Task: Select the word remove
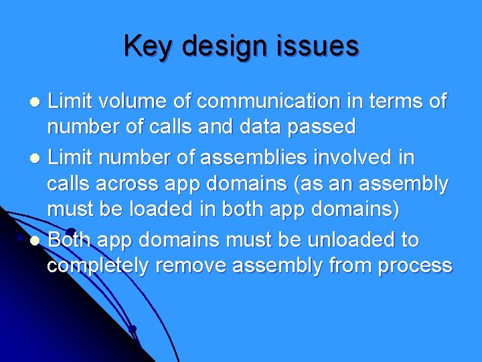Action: click(x=191, y=265)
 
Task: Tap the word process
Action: click(x=414, y=266)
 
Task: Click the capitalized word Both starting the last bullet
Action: click(x=68, y=240)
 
